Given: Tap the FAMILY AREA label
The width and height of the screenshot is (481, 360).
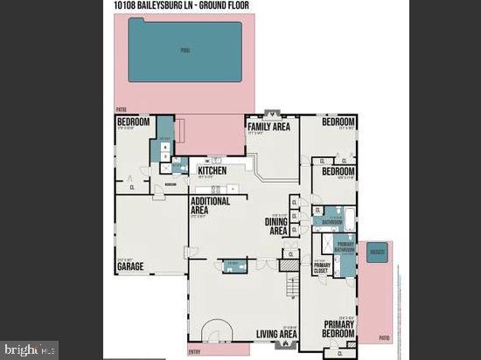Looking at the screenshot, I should [x=269, y=127].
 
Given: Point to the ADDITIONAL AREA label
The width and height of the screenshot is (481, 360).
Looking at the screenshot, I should [x=210, y=205].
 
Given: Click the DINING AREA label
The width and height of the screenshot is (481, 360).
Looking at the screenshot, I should [x=276, y=226].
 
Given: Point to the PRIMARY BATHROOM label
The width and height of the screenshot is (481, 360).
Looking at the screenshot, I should [x=345, y=246].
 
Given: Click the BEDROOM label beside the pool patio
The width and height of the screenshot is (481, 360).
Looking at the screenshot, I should [x=133, y=121].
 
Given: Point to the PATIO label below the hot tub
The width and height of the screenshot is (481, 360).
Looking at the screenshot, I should [x=384, y=336].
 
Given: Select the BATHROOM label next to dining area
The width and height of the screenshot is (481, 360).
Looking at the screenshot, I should [x=331, y=222].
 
